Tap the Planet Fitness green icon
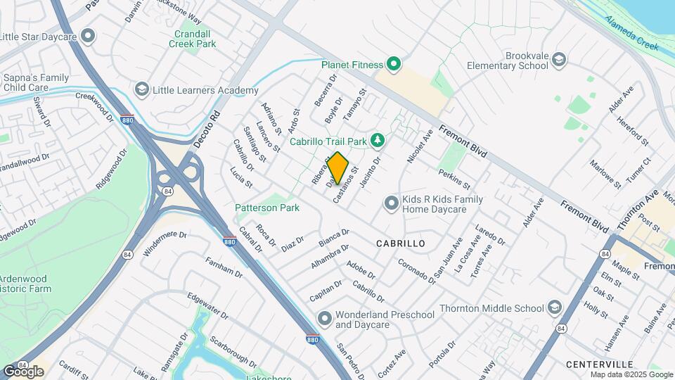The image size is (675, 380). click(x=394, y=65)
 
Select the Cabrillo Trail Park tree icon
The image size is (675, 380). click(x=378, y=141)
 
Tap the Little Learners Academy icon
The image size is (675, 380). click(x=142, y=90)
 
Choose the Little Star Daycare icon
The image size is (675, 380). click(x=88, y=35)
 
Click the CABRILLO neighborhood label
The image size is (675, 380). click(x=400, y=243)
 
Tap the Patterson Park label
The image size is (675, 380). click(x=267, y=208)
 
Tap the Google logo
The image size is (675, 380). click(x=22, y=371)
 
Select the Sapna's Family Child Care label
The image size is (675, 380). click(x=35, y=82)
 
